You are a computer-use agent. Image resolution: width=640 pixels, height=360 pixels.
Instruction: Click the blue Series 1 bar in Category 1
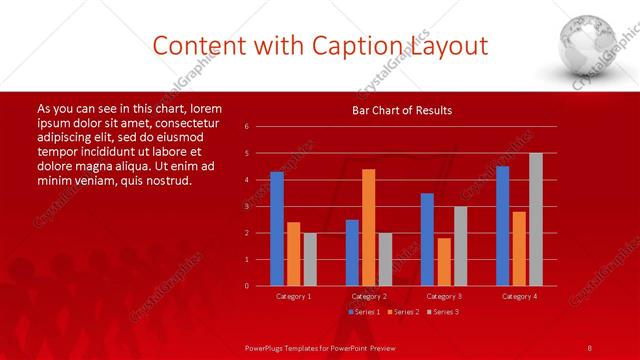pyautogui.click(x=277, y=229)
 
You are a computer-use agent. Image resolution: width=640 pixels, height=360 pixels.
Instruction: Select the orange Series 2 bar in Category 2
pyautogui.click(x=368, y=228)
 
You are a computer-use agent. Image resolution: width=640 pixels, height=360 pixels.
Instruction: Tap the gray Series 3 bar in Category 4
pyautogui.click(x=535, y=220)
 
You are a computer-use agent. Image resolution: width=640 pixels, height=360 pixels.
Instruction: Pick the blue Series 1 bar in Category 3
pyautogui.click(x=427, y=240)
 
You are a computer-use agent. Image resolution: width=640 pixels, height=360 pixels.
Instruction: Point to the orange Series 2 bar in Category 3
pyautogui.click(x=443, y=262)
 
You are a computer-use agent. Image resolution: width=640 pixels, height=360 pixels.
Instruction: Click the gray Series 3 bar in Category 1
pyautogui.click(x=310, y=259)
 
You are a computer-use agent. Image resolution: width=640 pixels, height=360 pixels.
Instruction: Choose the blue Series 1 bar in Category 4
pyautogui.click(x=502, y=226)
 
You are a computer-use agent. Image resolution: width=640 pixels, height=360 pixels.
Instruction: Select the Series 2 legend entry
pyautogui.click(x=402, y=312)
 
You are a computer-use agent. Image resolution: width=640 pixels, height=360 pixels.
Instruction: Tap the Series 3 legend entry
pyautogui.click(x=442, y=312)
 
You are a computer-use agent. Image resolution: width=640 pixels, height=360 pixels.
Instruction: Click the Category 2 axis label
pyautogui.click(x=368, y=296)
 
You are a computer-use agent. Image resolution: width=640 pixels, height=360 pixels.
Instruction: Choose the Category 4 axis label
pyautogui.click(x=518, y=296)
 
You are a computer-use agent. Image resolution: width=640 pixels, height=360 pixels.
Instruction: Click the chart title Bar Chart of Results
pyautogui.click(x=402, y=110)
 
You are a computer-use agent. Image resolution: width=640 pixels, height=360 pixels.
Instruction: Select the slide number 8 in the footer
pyautogui.click(x=589, y=347)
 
